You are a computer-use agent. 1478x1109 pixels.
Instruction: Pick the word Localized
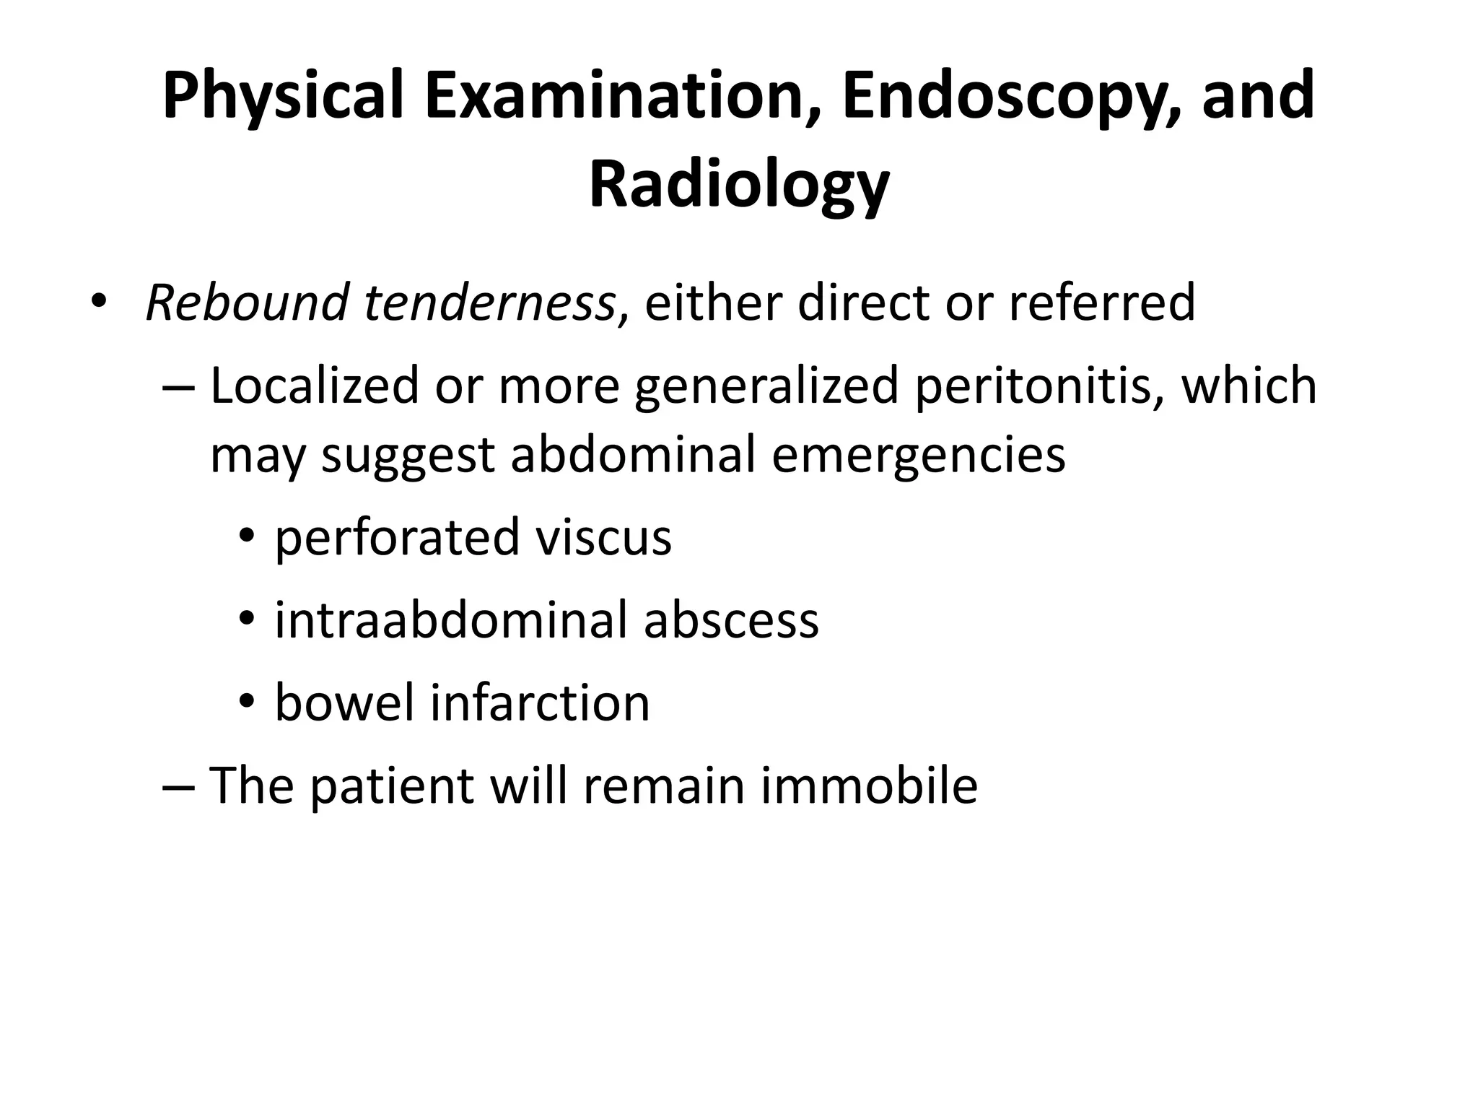[315, 386]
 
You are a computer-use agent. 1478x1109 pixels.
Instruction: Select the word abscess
[731, 620]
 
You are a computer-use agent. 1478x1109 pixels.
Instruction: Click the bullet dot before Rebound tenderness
[97, 300]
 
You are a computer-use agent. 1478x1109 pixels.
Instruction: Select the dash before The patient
[178, 787]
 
